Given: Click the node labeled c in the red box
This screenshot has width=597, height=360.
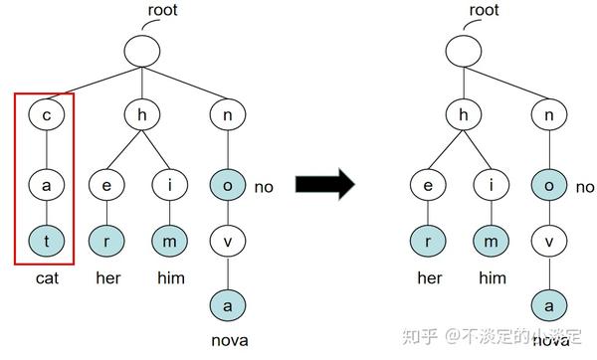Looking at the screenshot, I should pos(47,113).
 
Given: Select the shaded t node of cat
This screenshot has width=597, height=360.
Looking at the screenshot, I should pos(47,241).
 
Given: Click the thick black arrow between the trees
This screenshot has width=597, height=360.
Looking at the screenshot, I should pos(324,184).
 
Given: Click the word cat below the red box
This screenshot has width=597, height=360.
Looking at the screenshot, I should pos(46,278).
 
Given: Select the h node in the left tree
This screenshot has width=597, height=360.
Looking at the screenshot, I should pos(141,113).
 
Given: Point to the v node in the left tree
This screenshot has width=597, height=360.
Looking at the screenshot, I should pos(228,241).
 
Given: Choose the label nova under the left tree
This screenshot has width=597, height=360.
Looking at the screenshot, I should pos(228,341).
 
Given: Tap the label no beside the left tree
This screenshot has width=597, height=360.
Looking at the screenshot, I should pos(264,187).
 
